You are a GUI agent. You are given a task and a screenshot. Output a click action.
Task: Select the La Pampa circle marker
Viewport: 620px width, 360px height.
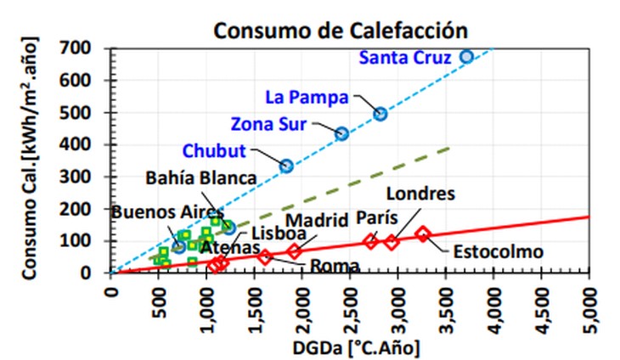(380, 114)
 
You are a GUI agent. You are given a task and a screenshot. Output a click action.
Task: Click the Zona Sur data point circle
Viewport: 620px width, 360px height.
(342, 133)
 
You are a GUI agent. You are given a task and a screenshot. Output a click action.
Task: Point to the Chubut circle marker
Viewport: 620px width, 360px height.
(287, 166)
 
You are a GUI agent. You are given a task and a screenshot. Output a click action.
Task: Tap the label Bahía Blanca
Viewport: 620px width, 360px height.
(200, 178)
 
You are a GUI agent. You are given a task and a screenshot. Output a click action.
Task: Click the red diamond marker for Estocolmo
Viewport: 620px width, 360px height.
(422, 233)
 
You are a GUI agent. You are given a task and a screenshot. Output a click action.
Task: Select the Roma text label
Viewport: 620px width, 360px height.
(335, 266)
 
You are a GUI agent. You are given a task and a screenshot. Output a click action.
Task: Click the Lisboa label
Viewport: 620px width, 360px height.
(266, 233)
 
